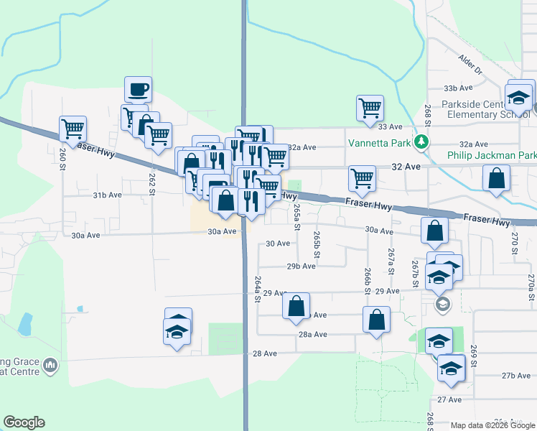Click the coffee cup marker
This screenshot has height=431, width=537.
tap(138, 90)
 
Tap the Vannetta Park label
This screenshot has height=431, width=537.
tap(379, 142)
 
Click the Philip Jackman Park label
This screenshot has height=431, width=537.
tap(491, 155)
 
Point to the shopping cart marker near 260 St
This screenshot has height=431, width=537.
tap(73, 129)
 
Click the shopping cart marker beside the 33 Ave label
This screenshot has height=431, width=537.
tap(369, 108)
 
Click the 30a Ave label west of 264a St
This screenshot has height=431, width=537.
tap(222, 231)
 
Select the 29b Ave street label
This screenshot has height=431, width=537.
tap(301, 266)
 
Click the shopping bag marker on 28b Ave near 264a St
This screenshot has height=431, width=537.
tap(296, 306)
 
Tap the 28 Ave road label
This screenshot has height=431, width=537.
tap(264, 353)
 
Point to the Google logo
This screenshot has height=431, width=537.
tap(24, 422)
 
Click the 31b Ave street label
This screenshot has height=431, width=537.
tap(108, 195)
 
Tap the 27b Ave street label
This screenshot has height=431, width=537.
tap(515, 376)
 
